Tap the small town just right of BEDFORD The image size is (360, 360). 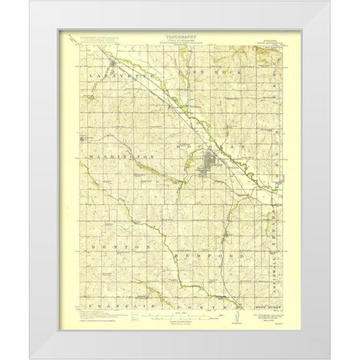228,240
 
